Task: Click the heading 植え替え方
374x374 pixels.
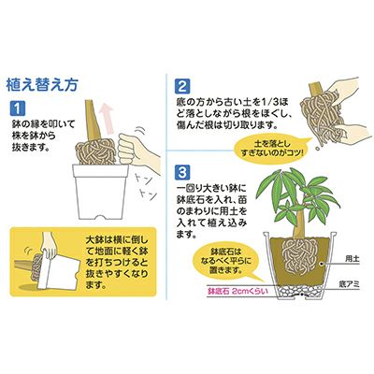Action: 41,86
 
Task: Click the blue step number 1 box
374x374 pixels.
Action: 18,108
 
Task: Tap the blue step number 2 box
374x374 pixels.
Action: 182,86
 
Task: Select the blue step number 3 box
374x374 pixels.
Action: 182,172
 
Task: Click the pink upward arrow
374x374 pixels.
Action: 108,118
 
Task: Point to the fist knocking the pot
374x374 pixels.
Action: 128,150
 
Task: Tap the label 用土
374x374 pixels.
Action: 352,258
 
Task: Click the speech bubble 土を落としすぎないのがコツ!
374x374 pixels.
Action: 270,149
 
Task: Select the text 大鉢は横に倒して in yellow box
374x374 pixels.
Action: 117,241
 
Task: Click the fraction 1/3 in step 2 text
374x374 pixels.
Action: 269,101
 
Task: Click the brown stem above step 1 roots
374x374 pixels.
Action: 92,121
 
